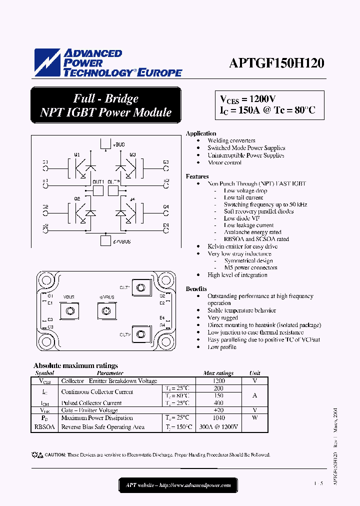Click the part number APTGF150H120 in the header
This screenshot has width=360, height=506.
pos(276,63)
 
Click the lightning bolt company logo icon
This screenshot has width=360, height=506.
pos(47,63)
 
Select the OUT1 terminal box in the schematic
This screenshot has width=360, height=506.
pos(97,190)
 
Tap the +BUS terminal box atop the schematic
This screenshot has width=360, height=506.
pos(105,144)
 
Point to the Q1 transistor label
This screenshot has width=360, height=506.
pos(76,155)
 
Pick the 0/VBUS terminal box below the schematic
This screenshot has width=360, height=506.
pos(105,241)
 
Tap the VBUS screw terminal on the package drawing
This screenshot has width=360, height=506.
pos(69,311)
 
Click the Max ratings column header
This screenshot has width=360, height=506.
pos(218,373)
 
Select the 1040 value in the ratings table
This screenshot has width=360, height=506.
pos(218,417)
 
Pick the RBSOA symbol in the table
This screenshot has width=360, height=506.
pos(44,427)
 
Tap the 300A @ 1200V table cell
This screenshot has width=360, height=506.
pos(218,427)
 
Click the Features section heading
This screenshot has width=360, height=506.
pos(197,176)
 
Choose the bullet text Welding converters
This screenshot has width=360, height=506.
pos(231,140)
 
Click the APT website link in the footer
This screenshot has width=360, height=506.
pos(178,485)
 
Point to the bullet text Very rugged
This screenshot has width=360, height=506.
pos(222,317)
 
